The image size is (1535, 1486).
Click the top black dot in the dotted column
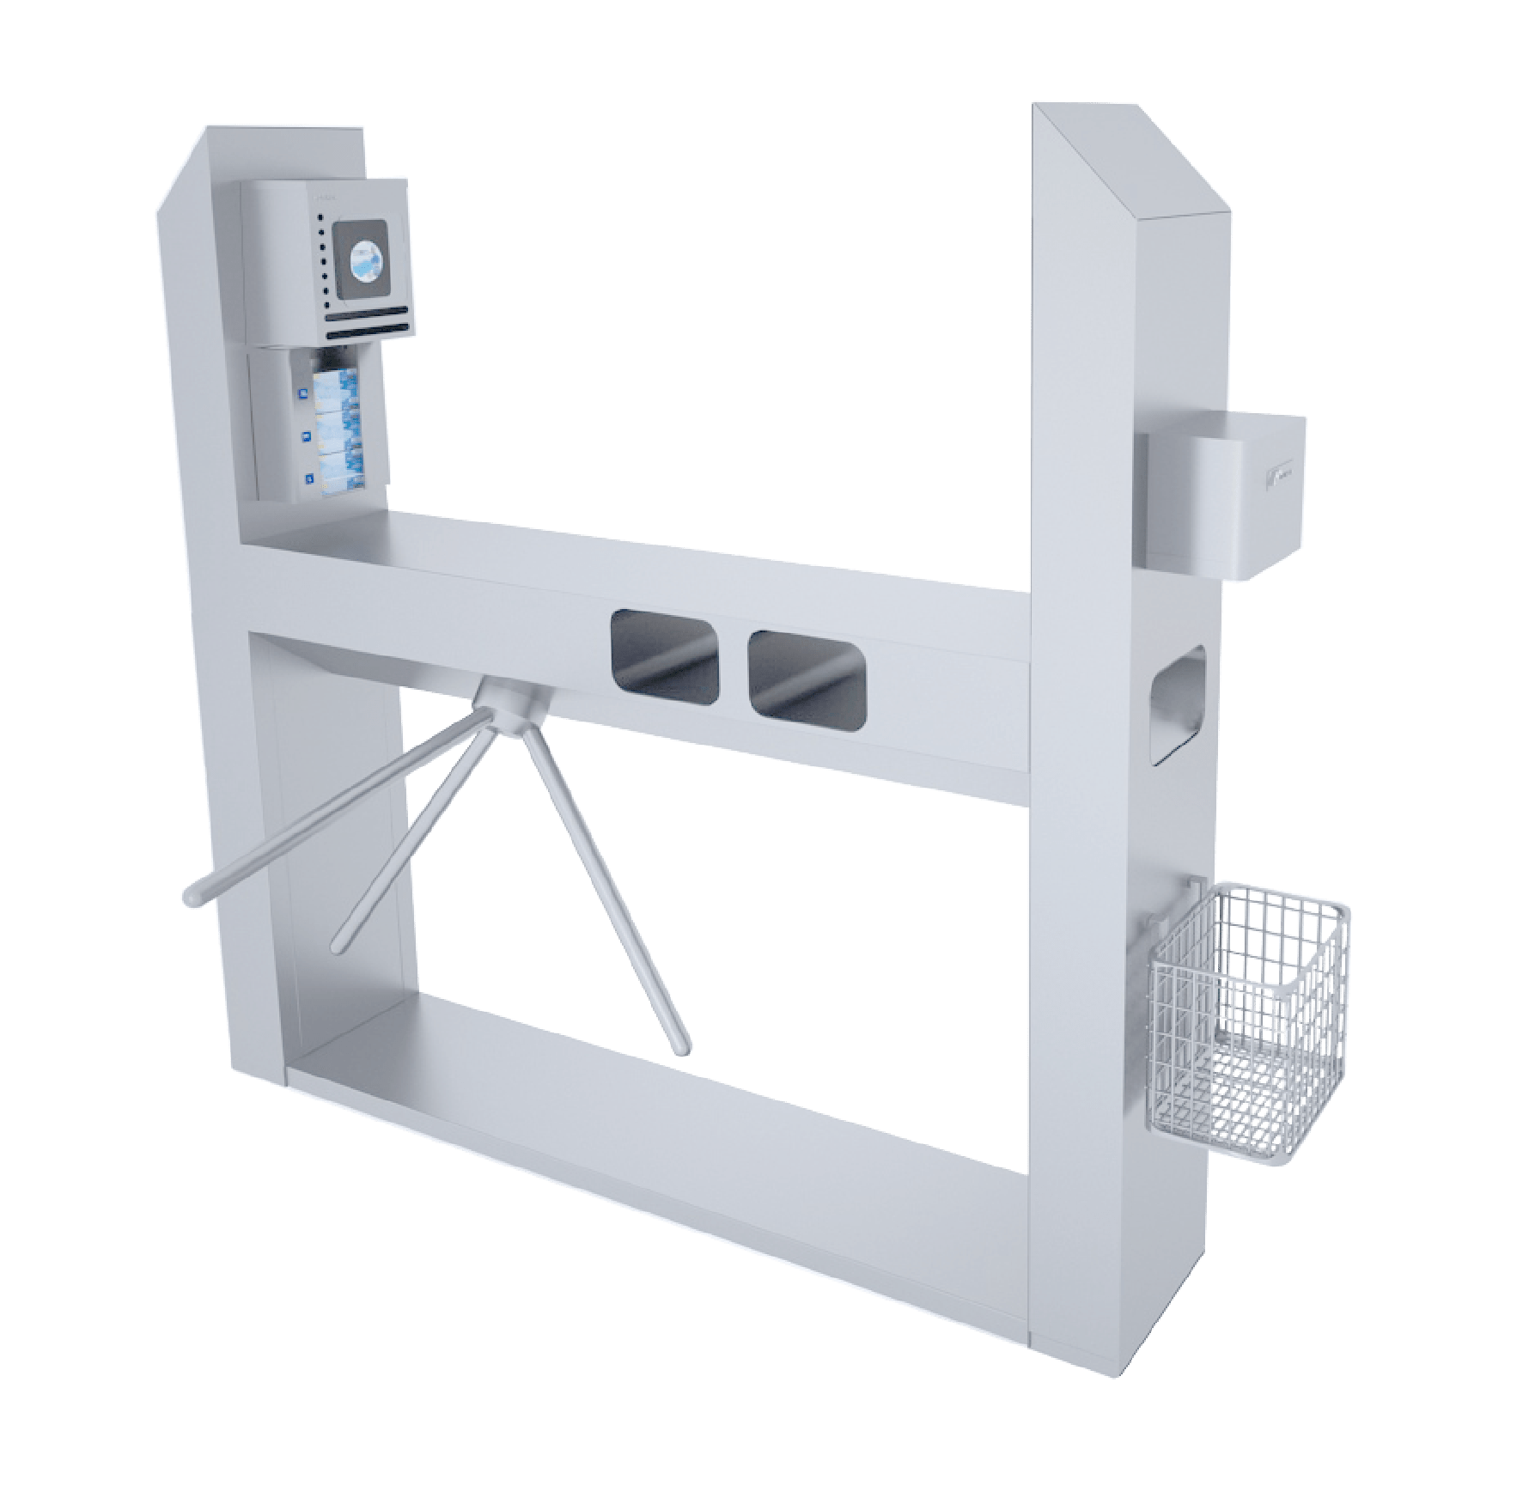coord(320,219)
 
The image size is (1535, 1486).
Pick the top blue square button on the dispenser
coord(302,393)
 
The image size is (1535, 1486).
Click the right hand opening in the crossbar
coord(806,673)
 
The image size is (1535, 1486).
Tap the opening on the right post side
coord(1179,703)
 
